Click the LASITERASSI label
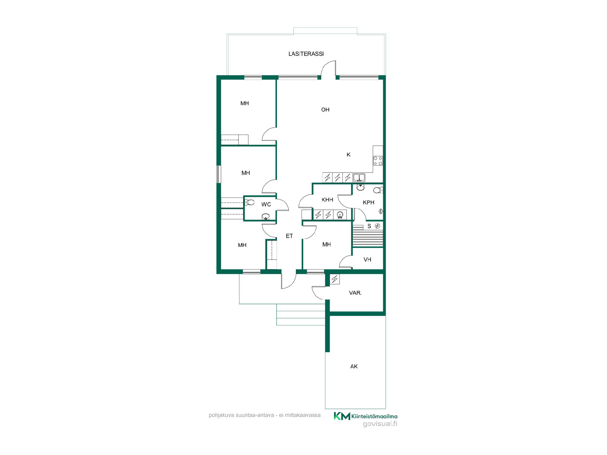[x=306, y=54]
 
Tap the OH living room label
[x=325, y=110]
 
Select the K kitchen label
[x=348, y=155]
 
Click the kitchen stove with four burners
[x=378, y=161]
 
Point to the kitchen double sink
[x=359, y=177]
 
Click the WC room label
[x=266, y=204]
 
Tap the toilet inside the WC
[x=250, y=202]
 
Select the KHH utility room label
[x=327, y=200]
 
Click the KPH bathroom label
[x=369, y=203]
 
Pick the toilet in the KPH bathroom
[x=378, y=190]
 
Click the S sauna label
[x=369, y=226]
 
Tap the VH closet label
[x=367, y=260]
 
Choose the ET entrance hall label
[x=289, y=236]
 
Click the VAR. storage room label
[x=355, y=293]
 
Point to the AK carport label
[x=354, y=367]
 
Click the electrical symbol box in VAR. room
[x=334, y=279]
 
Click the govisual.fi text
[x=380, y=424]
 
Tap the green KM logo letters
[x=342, y=416]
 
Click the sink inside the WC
[x=266, y=216]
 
